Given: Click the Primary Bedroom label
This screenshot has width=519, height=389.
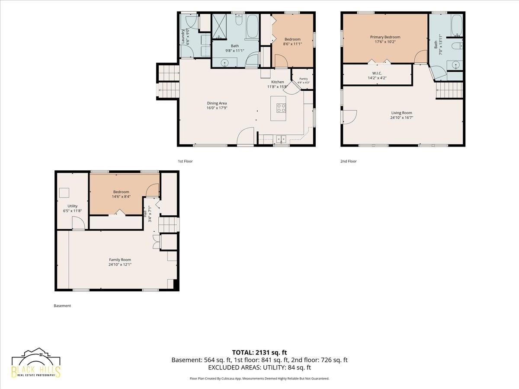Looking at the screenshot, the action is [385, 37].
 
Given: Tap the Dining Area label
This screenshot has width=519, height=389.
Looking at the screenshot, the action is [217, 103].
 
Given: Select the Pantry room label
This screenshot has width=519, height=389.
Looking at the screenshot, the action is [304, 79].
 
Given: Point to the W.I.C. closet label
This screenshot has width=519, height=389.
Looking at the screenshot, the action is [377, 73].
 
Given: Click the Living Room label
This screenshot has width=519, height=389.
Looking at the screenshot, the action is [401, 113].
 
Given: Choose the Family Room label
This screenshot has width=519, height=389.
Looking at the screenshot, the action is [120, 260].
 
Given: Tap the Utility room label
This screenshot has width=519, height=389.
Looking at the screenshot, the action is [72, 206].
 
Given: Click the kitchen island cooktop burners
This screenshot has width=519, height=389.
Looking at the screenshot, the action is [281, 108].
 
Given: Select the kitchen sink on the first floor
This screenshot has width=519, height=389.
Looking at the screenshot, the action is [281, 139].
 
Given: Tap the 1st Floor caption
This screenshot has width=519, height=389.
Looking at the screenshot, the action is [185, 161].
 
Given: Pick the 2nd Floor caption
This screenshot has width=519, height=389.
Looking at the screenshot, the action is [348, 161].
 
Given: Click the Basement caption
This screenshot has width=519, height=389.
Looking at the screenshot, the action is [62, 306].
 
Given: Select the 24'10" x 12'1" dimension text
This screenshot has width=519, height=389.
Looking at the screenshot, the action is [120, 265].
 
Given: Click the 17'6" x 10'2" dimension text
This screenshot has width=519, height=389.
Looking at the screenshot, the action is [385, 42].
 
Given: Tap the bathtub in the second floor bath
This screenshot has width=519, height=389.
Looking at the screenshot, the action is [457, 25].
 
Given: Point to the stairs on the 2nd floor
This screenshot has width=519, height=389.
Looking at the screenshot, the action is [449, 90].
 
